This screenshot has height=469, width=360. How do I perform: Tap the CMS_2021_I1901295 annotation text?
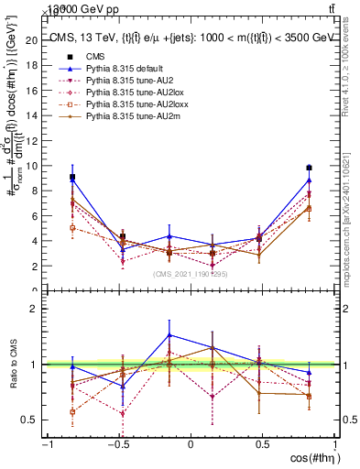pos(190,273)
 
